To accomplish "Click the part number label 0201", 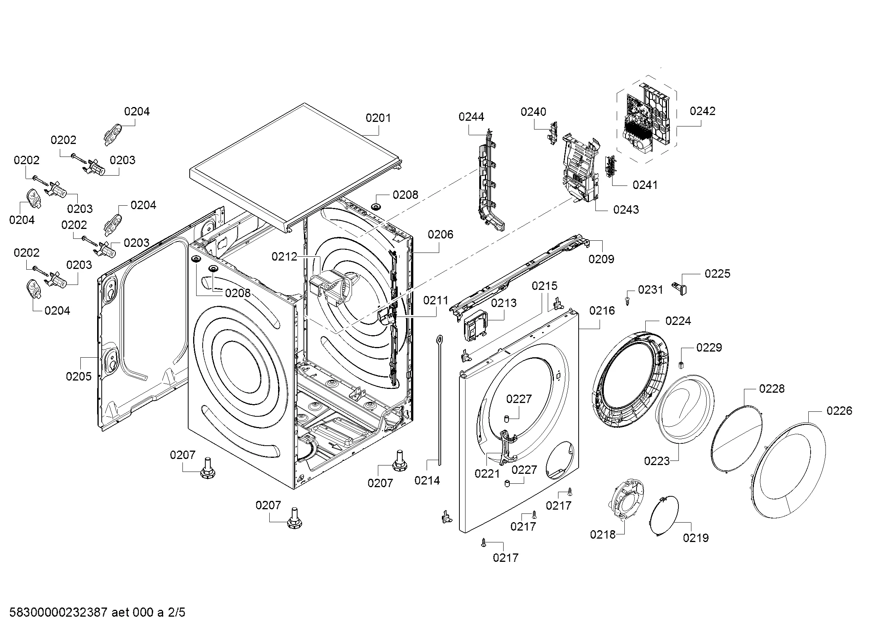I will pyautogui.click(x=378, y=118).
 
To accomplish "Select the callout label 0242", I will pyautogui.click(x=702, y=111).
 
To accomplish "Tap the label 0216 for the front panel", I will pyautogui.click(x=602, y=310).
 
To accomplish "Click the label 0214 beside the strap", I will pyautogui.click(x=427, y=480).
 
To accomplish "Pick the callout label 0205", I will pyautogui.click(x=79, y=376).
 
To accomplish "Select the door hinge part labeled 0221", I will pyautogui.click(x=507, y=446).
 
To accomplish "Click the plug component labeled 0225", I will pyautogui.click(x=682, y=289).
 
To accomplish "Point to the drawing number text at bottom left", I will pyautogui.click(x=97, y=612).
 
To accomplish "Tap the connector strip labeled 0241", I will pyautogui.click(x=611, y=167).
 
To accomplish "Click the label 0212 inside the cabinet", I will pyautogui.click(x=284, y=256).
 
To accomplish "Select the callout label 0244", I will pyautogui.click(x=471, y=117).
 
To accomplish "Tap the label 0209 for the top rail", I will pyautogui.click(x=601, y=259).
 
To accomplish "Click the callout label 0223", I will pyautogui.click(x=657, y=461).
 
